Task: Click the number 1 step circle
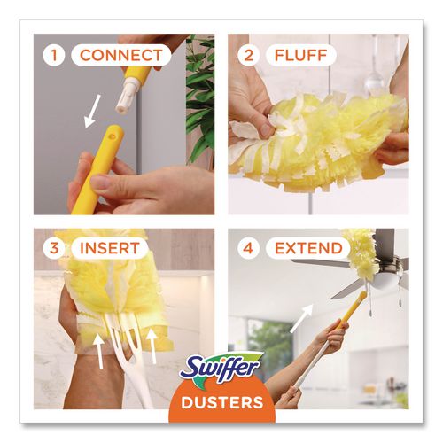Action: click(x=55, y=55)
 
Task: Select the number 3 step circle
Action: click(x=55, y=250)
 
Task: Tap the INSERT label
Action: click(x=110, y=250)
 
